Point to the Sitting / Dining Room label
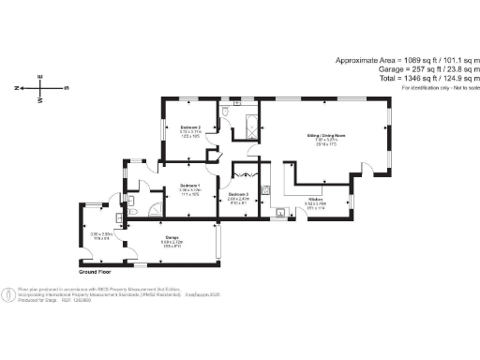click(x=321, y=136)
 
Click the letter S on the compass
click(x=65, y=88)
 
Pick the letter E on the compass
click(x=41, y=76)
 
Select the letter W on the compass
click(x=41, y=100)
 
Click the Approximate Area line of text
click(x=406, y=60)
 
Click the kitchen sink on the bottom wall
click(x=279, y=212)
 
